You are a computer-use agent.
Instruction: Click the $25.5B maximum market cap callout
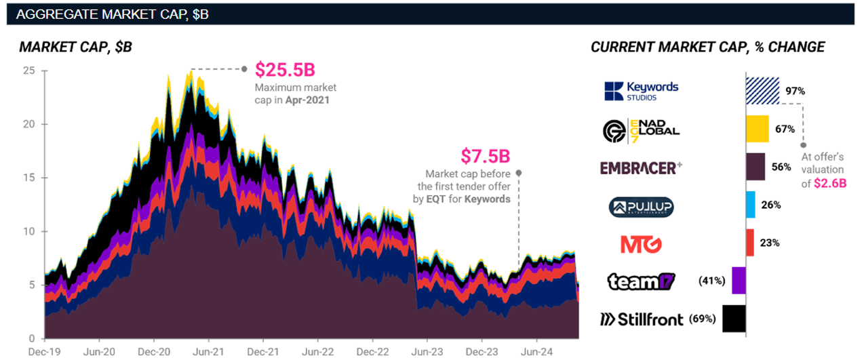click(285, 70)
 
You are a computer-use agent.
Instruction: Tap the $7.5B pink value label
click(485, 156)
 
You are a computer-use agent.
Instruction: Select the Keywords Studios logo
click(641, 91)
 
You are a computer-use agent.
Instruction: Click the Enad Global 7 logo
click(641, 129)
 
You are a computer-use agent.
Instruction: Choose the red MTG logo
click(641, 243)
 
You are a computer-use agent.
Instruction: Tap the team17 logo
click(641, 281)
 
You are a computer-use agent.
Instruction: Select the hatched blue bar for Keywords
click(763, 90)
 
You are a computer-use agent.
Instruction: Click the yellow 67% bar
click(757, 129)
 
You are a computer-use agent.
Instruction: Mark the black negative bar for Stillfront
click(734, 319)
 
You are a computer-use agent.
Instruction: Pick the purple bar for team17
click(739, 281)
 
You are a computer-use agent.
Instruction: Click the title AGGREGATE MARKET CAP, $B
click(112, 14)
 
